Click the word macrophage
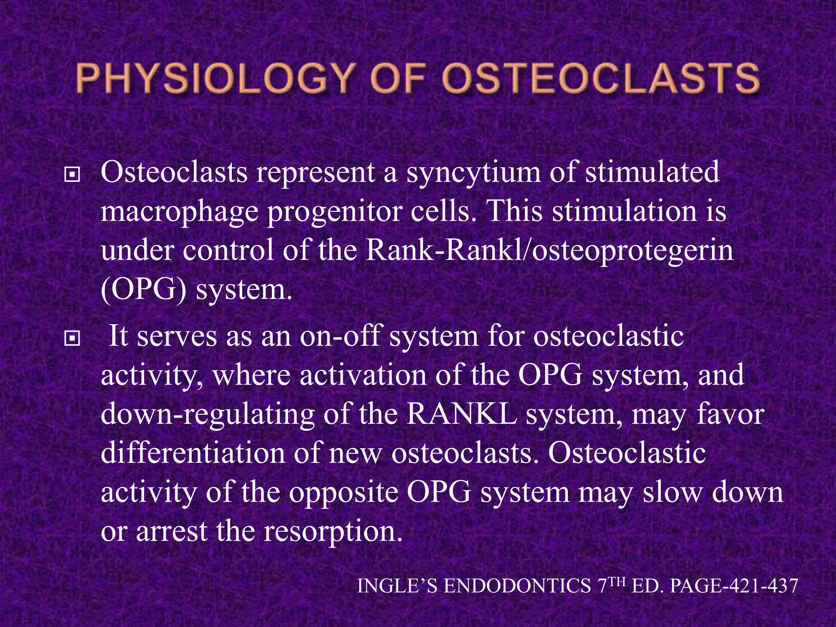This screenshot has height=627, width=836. coord(179,212)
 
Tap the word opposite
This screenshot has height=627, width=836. coord(343,493)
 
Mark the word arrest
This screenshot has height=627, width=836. coord(171,531)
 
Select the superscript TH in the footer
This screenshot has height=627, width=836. coord(618,581)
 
